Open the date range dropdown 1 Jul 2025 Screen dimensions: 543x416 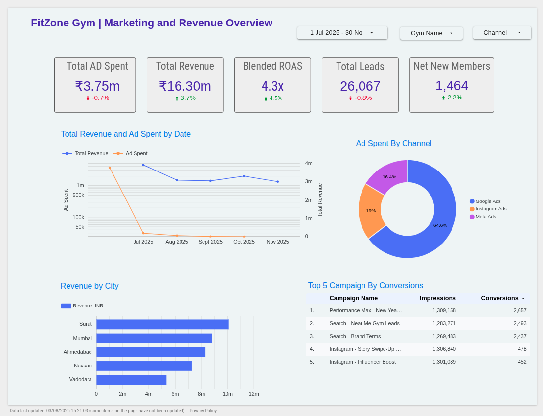pyautogui.click(x=342, y=33)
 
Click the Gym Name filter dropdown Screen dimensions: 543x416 pyautogui.click(x=431, y=33)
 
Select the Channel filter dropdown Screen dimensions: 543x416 pyautogui.click(x=502, y=33)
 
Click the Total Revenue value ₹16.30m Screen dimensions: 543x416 pyautogui.click(x=185, y=86)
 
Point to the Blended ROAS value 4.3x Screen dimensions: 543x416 pyautogui.click(x=272, y=86)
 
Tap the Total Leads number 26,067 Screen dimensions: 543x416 pyautogui.click(x=360, y=86)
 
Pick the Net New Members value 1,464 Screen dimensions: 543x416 pyautogui.click(x=452, y=86)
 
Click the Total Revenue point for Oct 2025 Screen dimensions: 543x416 pyautogui.click(x=244, y=176)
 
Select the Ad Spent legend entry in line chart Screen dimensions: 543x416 pyautogui.click(x=131, y=153)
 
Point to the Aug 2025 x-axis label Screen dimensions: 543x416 pyautogui.click(x=177, y=242)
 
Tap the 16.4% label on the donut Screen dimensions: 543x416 pyautogui.click(x=389, y=177)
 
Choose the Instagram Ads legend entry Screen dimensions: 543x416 pyautogui.click(x=488, y=209)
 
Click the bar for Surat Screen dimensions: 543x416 pyautogui.click(x=162, y=324)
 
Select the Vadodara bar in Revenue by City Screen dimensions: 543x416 pyautogui.click(x=131, y=380)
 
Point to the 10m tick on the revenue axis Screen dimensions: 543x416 pyautogui.click(x=227, y=394)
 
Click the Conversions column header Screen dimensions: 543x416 pyautogui.click(x=499, y=298)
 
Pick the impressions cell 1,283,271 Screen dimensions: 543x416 pyautogui.click(x=444, y=323)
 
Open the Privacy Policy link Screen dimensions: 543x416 pyautogui.click(x=203, y=411)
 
